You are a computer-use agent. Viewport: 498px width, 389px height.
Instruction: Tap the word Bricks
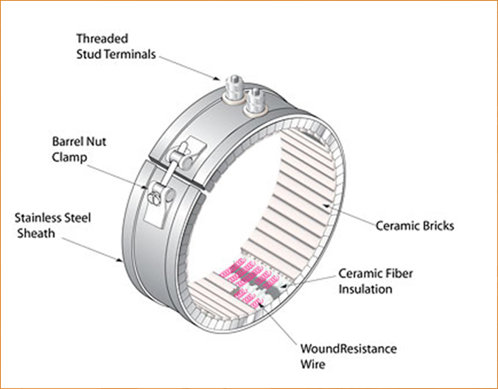click(x=435, y=225)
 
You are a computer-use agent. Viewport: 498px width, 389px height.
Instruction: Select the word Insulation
click(x=365, y=289)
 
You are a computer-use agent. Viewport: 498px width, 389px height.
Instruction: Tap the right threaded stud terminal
click(x=255, y=101)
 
